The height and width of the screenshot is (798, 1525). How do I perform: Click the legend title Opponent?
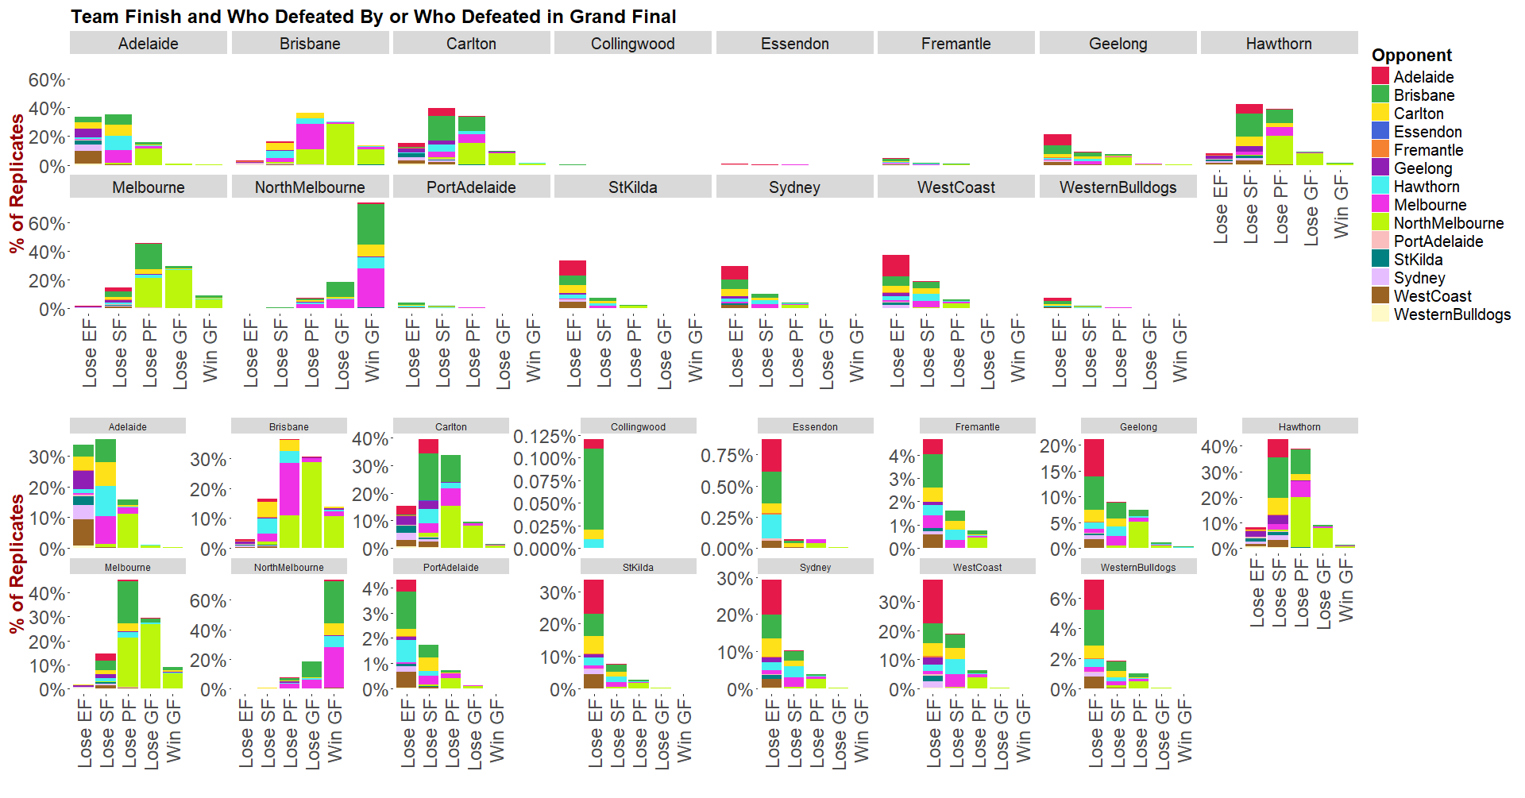pyautogui.click(x=1411, y=56)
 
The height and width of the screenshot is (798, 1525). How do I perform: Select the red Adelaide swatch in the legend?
pyautogui.click(x=1380, y=77)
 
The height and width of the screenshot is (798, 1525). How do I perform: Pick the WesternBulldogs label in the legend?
pyautogui.click(x=1452, y=314)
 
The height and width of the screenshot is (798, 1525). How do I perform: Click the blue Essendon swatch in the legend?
pyautogui.click(x=1380, y=132)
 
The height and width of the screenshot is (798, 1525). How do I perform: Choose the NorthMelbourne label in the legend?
pyautogui.click(x=1448, y=223)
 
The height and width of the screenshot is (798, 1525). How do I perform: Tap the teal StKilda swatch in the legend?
pyautogui.click(x=1380, y=260)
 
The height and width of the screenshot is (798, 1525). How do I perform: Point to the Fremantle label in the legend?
pyautogui.click(x=1428, y=150)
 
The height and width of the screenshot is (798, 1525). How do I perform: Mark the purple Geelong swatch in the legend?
pyautogui.click(x=1380, y=168)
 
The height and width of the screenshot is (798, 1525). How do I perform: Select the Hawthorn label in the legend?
pyautogui.click(x=1427, y=187)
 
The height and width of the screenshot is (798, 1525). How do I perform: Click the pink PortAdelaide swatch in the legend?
pyautogui.click(x=1380, y=241)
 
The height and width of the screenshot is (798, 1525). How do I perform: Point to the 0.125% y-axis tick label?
pyautogui.click(x=544, y=437)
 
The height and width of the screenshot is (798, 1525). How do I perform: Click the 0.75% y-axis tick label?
pyautogui.click(x=726, y=456)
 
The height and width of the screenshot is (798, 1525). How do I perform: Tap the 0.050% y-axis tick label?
pyautogui.click(x=544, y=504)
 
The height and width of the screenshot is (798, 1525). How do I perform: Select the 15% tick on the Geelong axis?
pyautogui.click(x=1058, y=472)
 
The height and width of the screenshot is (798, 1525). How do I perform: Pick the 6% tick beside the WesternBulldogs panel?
pyautogui.click(x=1062, y=599)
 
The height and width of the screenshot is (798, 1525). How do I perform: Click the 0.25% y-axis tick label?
pyautogui.click(x=726, y=518)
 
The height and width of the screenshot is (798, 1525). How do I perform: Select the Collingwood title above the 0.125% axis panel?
pyautogui.click(x=638, y=426)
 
